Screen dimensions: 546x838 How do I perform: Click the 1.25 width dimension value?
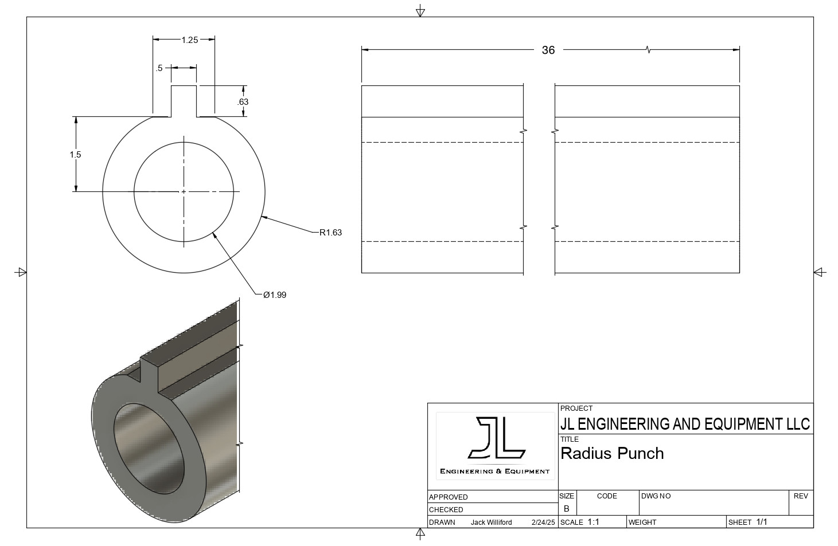pyautogui.click(x=189, y=40)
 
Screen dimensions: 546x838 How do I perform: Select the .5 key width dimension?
pyautogui.click(x=159, y=68)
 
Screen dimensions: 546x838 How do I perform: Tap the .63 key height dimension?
pyautogui.click(x=243, y=102)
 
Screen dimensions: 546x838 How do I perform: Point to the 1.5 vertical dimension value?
pyautogui.click(x=75, y=155)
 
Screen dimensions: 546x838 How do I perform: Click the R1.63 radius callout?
pyautogui.click(x=330, y=233)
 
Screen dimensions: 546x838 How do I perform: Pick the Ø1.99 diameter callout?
pyautogui.click(x=275, y=295)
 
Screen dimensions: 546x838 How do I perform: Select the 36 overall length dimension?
pyautogui.click(x=548, y=50)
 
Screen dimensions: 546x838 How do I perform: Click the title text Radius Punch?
pyautogui.click(x=612, y=453)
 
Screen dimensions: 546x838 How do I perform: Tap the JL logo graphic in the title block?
pyautogui.click(x=496, y=439)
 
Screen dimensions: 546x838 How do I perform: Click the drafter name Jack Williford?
pyautogui.click(x=491, y=523)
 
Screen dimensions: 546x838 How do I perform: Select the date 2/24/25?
pyautogui.click(x=543, y=523)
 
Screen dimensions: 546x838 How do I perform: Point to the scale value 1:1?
pyautogui.click(x=593, y=522)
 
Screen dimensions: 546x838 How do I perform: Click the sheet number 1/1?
pyautogui.click(x=762, y=522)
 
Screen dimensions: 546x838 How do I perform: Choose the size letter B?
pyautogui.click(x=566, y=508)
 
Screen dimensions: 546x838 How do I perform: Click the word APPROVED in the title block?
pyautogui.click(x=449, y=497)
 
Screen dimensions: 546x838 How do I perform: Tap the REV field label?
pyautogui.click(x=801, y=496)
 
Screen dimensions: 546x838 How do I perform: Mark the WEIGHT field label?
pyautogui.click(x=642, y=523)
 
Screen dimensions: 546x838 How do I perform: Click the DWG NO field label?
pyautogui.click(x=656, y=496)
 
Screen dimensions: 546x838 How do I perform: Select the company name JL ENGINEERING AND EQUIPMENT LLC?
pyautogui.click(x=685, y=424)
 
